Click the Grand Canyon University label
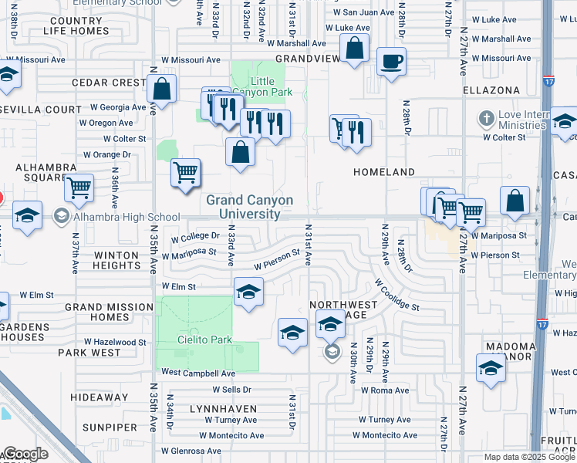(249, 207)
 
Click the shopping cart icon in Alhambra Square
(79, 188)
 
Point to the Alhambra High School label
(116, 217)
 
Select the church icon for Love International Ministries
(486, 119)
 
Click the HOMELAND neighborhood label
(384, 172)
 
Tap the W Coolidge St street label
(396, 295)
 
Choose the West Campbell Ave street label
(193, 373)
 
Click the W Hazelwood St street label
(115, 342)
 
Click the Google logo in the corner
(25, 454)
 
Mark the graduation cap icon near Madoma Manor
(491, 368)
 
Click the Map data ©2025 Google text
(529, 457)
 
